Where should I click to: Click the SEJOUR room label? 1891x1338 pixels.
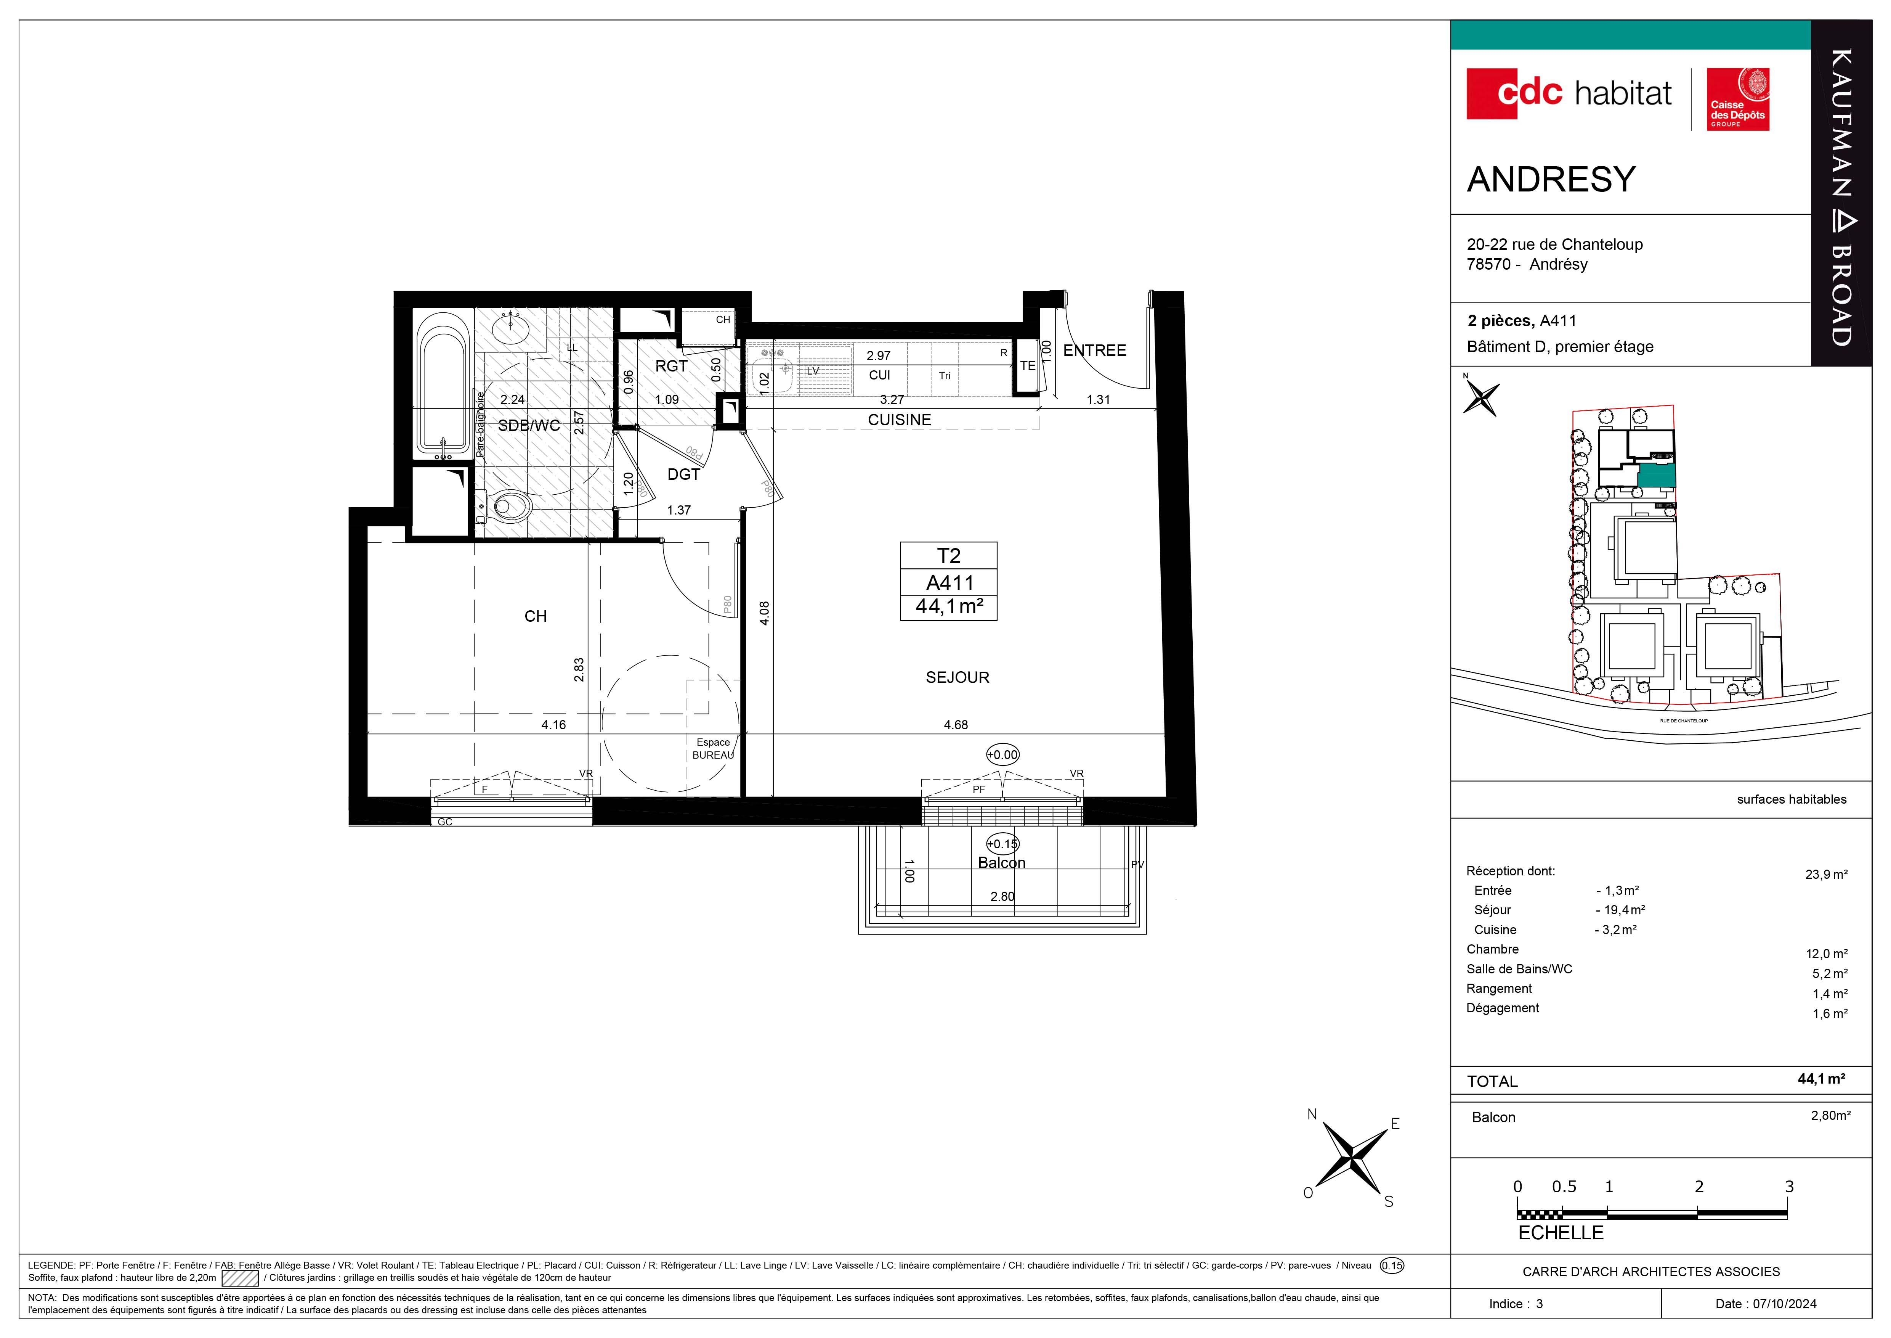pyautogui.click(x=957, y=677)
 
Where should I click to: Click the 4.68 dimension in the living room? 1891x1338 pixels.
pyautogui.click(x=955, y=725)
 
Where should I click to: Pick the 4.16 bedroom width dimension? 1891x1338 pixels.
pyautogui.click(x=553, y=725)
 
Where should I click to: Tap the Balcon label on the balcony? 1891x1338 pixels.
pyautogui.click(x=1001, y=863)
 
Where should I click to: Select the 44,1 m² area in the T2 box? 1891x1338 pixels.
pyautogui.click(x=949, y=607)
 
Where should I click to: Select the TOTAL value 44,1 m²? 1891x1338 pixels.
pyautogui.click(x=1821, y=1079)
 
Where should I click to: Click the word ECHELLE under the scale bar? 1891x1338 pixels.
pyautogui.click(x=1561, y=1233)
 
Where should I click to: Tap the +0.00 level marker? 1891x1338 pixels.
pyautogui.click(x=1002, y=755)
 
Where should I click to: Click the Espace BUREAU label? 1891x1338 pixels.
pyautogui.click(x=713, y=748)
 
